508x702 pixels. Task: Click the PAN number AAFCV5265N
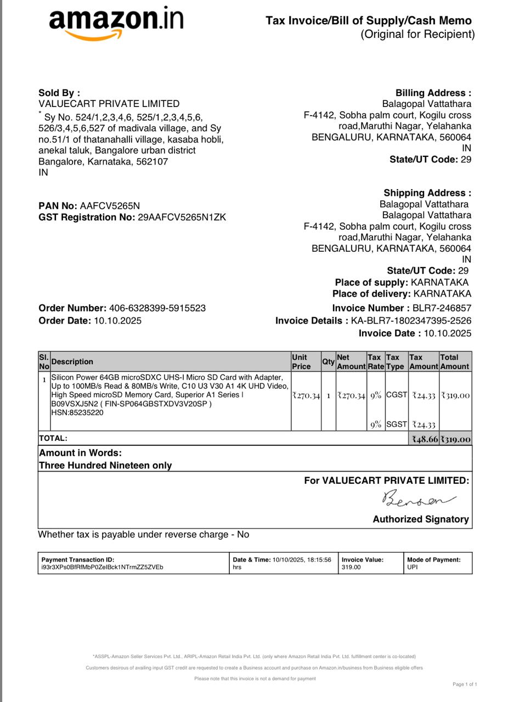110,206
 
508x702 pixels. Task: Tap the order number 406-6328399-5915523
157,308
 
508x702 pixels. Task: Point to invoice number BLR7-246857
442,308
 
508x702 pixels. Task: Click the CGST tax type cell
397,395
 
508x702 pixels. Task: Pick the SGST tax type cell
397,424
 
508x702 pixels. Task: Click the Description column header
72,362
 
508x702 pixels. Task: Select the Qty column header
328,362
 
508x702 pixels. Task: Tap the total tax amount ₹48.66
425,439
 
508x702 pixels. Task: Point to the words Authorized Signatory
421,519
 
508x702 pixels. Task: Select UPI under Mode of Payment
413,567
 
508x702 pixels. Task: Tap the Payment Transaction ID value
102,567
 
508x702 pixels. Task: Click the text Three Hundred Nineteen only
105,466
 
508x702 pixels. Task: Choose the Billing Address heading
433,93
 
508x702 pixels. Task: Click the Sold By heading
59,93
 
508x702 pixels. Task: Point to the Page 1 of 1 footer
465,684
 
